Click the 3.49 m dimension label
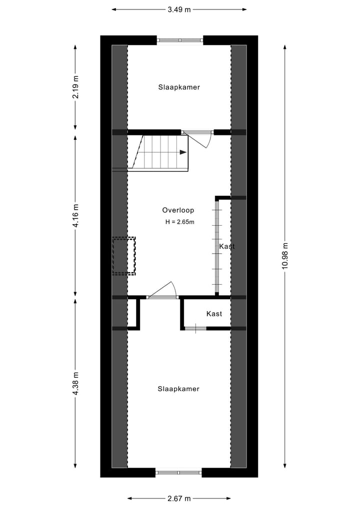click(x=179, y=9)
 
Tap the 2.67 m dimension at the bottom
click(x=179, y=498)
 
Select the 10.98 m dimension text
click(x=285, y=256)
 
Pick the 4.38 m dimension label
click(x=75, y=384)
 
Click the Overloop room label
click(x=178, y=210)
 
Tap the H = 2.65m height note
click(x=179, y=222)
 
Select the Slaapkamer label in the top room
click(x=179, y=87)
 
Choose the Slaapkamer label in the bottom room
click(x=178, y=389)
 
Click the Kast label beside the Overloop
click(x=226, y=246)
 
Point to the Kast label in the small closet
click(x=214, y=314)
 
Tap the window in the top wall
click(x=180, y=40)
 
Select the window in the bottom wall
click(x=178, y=472)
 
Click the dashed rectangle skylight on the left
click(x=124, y=256)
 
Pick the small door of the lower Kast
click(x=195, y=328)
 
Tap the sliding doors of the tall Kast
click(x=217, y=246)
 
